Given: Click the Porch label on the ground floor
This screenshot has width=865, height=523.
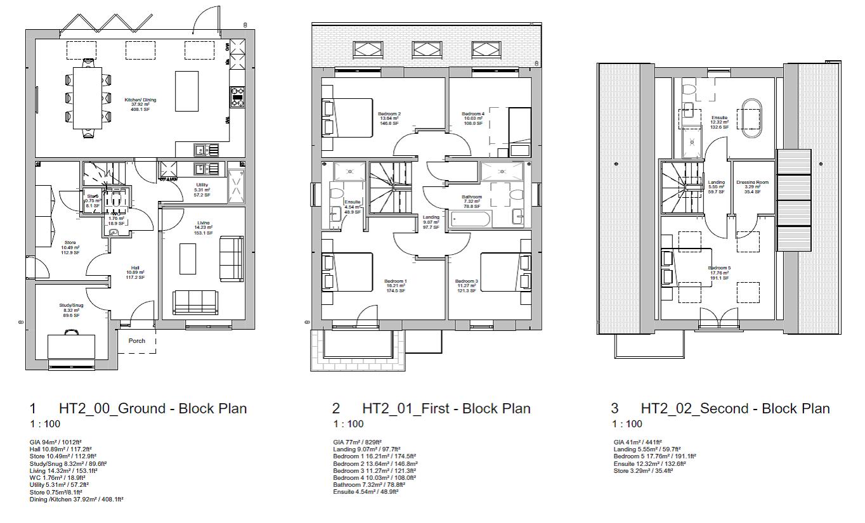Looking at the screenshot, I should (137, 340).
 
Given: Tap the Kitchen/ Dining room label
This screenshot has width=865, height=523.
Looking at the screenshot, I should (140, 100).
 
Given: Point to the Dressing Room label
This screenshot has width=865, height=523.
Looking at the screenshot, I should (752, 183).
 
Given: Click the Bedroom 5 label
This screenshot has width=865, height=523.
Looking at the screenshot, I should (719, 268).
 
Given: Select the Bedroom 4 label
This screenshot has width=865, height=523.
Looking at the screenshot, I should (473, 114).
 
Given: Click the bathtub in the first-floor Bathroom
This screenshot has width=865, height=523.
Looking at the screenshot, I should (469, 219).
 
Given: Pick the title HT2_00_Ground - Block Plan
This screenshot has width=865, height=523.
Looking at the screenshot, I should (152, 408).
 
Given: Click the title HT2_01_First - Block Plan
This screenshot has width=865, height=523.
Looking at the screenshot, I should (446, 408).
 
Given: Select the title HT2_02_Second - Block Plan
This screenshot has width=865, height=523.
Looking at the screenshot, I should (735, 408).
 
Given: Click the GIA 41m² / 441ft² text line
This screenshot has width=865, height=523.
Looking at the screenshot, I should (637, 442).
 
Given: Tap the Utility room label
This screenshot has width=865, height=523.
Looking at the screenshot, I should (202, 185).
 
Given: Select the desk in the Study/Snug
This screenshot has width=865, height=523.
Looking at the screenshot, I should (72, 346).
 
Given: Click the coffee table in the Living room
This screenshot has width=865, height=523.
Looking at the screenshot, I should (188, 259).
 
